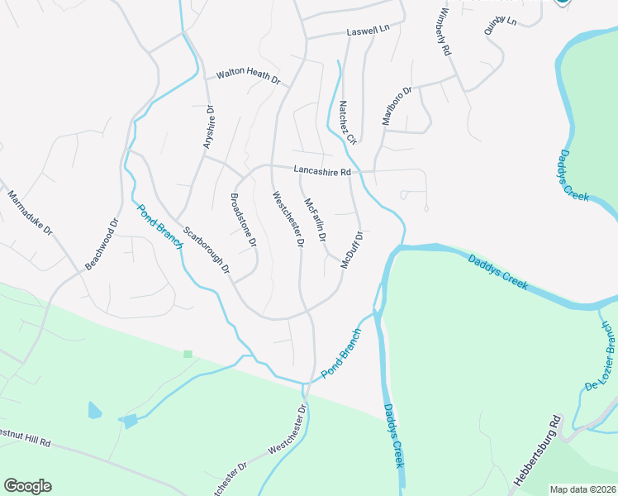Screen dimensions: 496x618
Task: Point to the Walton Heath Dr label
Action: [x=249, y=77]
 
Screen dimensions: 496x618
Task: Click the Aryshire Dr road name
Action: [x=209, y=127]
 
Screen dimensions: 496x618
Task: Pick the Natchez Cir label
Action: [x=347, y=122]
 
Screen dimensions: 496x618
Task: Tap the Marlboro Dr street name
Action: [x=397, y=107]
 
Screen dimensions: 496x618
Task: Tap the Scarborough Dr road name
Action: [x=206, y=250]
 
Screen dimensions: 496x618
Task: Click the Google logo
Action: [x=27, y=486]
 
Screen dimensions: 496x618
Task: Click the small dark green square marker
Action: [x=188, y=354]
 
